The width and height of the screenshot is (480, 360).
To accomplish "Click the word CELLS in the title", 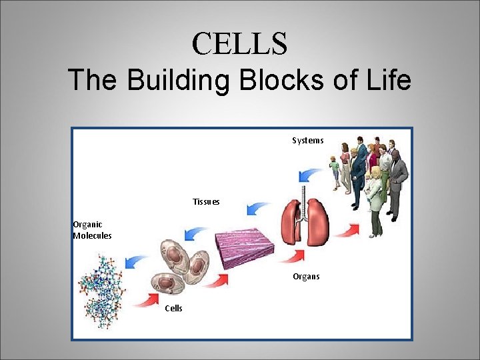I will click(239, 44).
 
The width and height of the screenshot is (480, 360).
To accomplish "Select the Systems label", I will click(307, 141).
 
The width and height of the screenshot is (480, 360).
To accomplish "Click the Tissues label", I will click(206, 201).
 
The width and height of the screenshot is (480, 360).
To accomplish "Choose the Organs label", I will click(306, 277).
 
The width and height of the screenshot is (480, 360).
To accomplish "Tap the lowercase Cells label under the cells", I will click(173, 308).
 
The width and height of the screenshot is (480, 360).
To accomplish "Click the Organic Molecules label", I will click(92, 230).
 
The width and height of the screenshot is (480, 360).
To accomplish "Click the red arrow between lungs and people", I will click(346, 231).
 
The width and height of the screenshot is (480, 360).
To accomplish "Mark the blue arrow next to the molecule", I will click(137, 261).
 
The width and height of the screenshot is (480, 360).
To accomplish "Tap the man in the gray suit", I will click(397, 180).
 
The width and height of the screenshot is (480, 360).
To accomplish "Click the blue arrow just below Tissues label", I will click(257, 209).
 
